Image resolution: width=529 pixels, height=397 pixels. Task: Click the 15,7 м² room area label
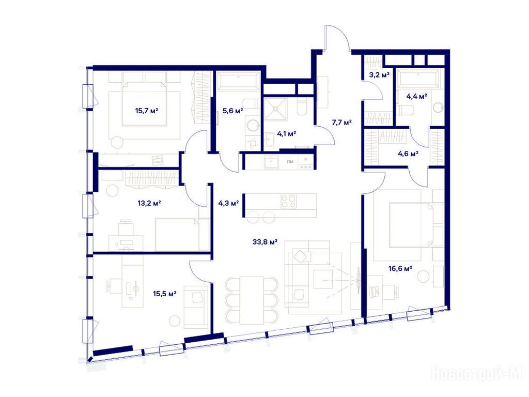pos(147,111)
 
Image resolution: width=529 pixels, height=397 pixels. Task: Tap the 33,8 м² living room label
pos(265,242)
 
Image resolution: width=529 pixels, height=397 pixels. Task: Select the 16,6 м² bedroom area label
pos(400,269)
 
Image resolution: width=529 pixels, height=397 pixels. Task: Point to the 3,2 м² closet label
pos(379,75)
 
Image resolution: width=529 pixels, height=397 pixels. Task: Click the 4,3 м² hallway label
pos(228,203)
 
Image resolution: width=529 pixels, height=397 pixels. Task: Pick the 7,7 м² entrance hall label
pos(342,122)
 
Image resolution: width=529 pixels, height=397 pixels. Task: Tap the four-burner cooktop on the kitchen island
pos(289,202)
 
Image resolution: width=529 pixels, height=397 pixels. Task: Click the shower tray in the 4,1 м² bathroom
pos(275,109)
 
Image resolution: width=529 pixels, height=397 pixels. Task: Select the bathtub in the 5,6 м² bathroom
pos(238,81)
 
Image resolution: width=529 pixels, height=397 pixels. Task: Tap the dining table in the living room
pos(252,300)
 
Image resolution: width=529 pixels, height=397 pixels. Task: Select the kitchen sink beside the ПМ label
pos(271,162)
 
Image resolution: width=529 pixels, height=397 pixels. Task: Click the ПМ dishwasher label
pos(290,162)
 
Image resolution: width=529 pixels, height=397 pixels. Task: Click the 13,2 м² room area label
pos(149,203)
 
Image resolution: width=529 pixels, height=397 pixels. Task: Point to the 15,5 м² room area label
pos(165,294)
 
